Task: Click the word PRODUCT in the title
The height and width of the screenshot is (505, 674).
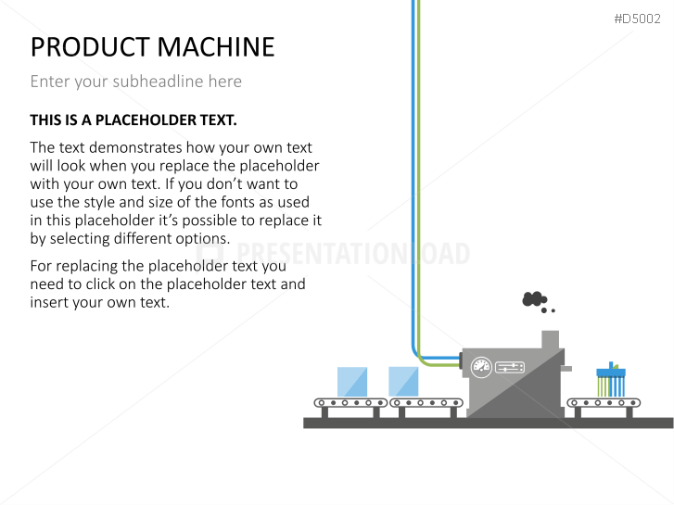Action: click(83, 46)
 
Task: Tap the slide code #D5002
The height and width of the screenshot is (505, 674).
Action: click(637, 19)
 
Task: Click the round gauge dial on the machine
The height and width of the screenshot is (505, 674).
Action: click(480, 366)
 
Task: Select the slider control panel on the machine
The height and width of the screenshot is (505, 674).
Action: click(511, 367)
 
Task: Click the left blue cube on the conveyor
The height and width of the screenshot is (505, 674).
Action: click(352, 382)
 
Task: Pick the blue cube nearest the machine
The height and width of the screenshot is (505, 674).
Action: click(403, 382)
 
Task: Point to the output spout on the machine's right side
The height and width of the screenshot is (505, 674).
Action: click(566, 369)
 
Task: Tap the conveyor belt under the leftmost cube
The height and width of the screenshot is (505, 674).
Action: click(350, 403)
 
